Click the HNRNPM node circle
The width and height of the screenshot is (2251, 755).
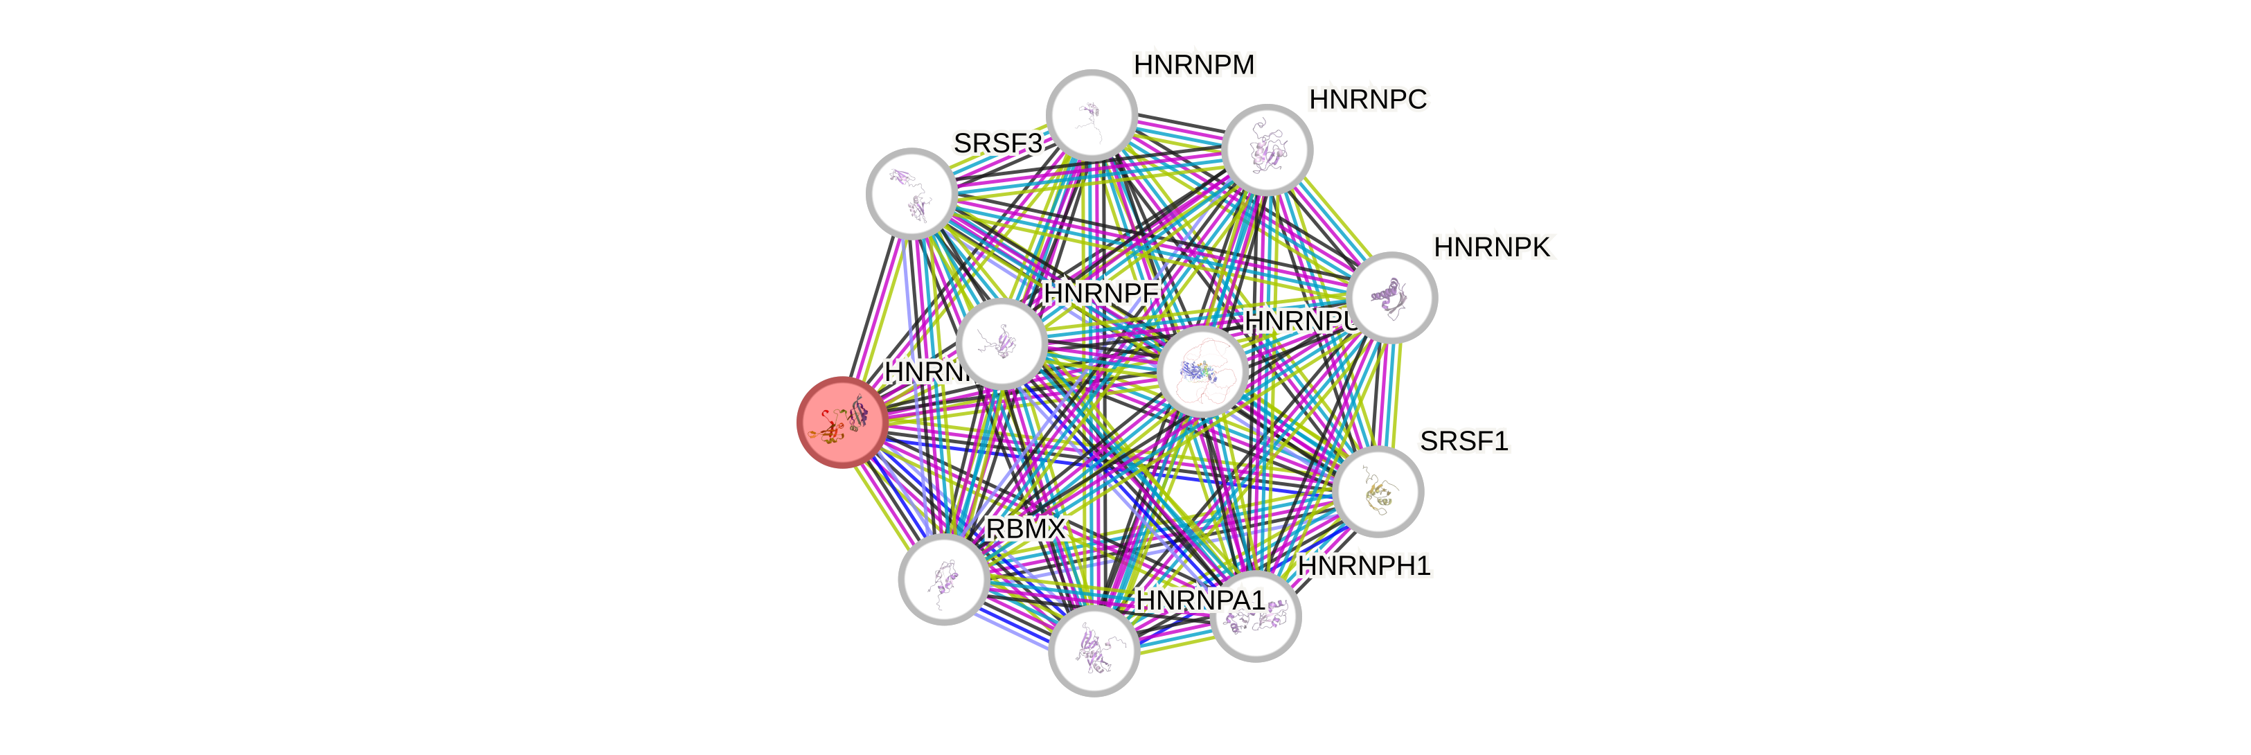(x=1092, y=116)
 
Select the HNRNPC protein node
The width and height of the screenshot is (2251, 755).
(x=1267, y=150)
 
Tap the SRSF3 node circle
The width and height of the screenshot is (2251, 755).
(x=911, y=193)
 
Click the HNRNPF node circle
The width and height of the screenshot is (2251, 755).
(x=1002, y=344)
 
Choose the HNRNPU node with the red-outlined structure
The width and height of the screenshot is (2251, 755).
(x=1202, y=371)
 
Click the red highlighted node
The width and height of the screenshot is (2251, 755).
(x=842, y=422)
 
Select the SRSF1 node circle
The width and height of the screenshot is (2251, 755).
(x=1379, y=491)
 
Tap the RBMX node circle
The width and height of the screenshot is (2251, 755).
(x=944, y=578)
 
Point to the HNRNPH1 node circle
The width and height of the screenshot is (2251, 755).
(x=1256, y=616)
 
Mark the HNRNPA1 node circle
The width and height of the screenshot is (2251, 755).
(x=1093, y=651)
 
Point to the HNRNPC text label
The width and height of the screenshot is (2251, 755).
(x=1369, y=100)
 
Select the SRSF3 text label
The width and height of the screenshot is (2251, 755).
(x=997, y=143)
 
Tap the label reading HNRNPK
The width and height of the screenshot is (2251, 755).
(x=1493, y=248)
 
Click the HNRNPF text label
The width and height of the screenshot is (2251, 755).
(x=1101, y=294)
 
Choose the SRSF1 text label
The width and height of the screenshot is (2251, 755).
(x=1463, y=441)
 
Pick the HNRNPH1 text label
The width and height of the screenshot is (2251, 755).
(x=1364, y=567)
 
